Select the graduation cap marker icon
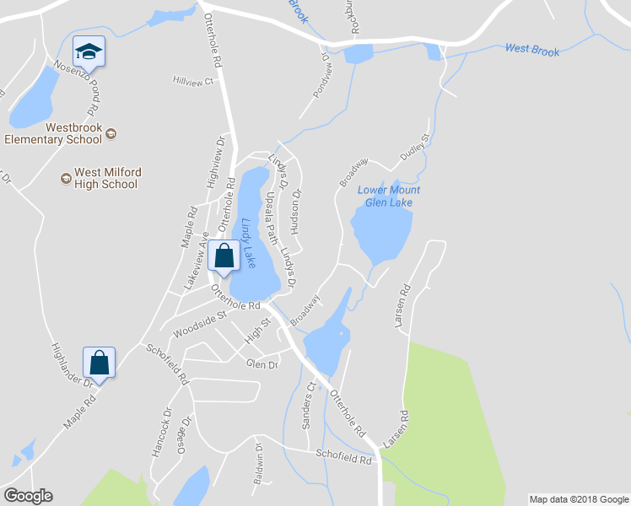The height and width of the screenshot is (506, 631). tap(89, 53)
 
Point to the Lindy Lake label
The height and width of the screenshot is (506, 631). tap(249, 244)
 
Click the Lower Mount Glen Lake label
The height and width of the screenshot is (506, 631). tap(389, 196)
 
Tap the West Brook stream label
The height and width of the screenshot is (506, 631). tap(531, 51)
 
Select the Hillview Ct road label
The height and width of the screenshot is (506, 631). tap(194, 82)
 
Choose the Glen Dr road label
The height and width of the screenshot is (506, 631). tap(262, 364)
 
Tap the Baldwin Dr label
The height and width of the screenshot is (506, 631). tap(259, 465)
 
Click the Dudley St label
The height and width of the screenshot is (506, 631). tap(416, 147)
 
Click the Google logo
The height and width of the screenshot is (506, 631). tap(28, 496)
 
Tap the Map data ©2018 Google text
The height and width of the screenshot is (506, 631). tap(578, 499)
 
